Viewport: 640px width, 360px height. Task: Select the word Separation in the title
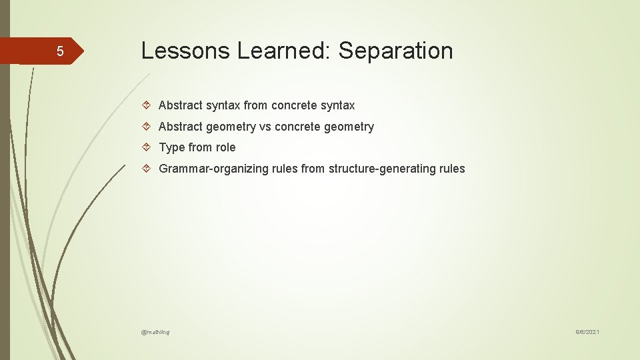(x=396, y=51)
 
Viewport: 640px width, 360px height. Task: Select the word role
(x=225, y=147)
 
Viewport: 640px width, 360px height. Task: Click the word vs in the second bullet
(x=265, y=127)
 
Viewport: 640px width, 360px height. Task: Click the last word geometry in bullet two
(x=350, y=127)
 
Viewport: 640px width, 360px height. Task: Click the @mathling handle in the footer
(x=155, y=331)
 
